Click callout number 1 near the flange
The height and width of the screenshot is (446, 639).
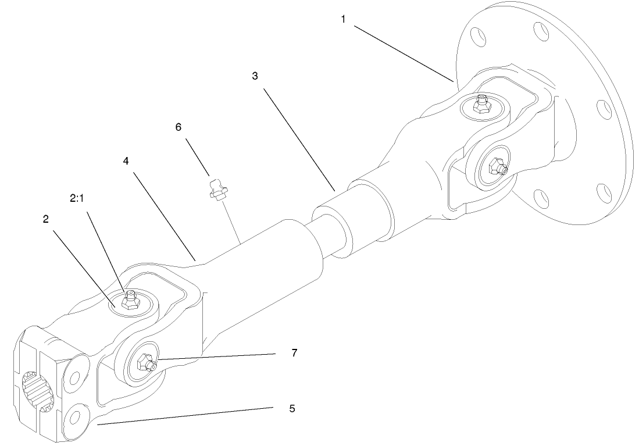point(343,19)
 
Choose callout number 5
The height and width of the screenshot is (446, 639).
point(292,409)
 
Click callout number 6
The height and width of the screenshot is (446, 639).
point(179,126)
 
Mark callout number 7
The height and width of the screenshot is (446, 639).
point(295,353)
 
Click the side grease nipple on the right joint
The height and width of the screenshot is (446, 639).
point(497,167)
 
